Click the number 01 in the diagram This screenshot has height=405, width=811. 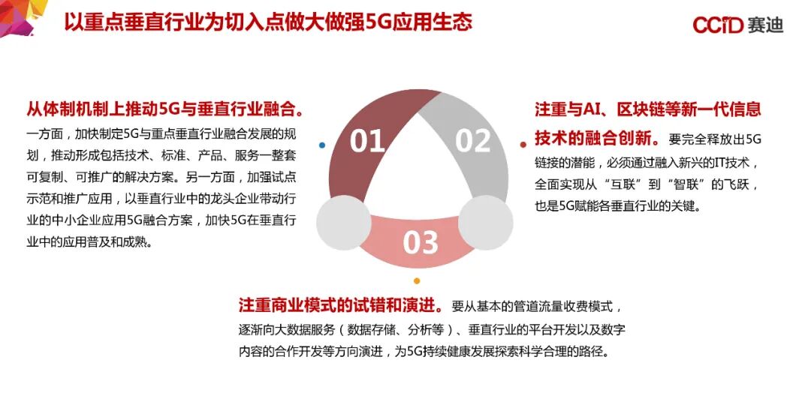pyautogui.click(x=367, y=141)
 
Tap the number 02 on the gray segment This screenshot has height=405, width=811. pyautogui.click(x=473, y=141)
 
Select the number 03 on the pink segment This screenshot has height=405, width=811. pyautogui.click(x=420, y=242)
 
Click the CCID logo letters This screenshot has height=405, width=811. pyautogui.click(x=718, y=25)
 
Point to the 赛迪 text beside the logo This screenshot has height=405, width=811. pyautogui.click(x=765, y=25)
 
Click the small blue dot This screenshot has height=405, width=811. pyautogui.click(x=322, y=145)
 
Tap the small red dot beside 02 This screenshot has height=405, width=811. pyautogui.click(x=523, y=144)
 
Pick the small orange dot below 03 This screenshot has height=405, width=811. pyautogui.click(x=417, y=281)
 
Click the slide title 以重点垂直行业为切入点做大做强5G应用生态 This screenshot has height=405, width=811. pyautogui.click(x=267, y=22)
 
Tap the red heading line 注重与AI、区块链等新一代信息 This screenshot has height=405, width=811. pyautogui.click(x=647, y=109)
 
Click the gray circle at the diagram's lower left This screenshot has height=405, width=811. pyautogui.click(x=344, y=222)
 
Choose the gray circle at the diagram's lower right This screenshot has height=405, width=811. pyautogui.click(x=486, y=222)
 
